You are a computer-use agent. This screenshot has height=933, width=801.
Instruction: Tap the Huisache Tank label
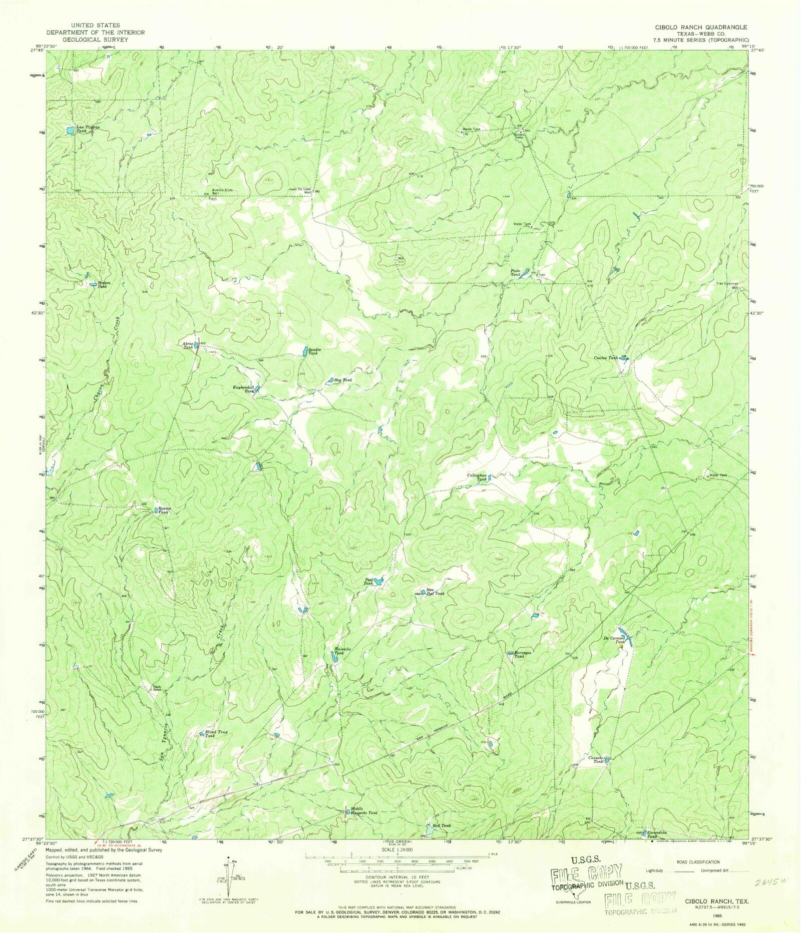click(x=342, y=651)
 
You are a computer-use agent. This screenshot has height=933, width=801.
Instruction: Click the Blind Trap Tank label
click(x=216, y=734)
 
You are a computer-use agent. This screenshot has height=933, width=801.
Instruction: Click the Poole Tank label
click(x=516, y=273)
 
